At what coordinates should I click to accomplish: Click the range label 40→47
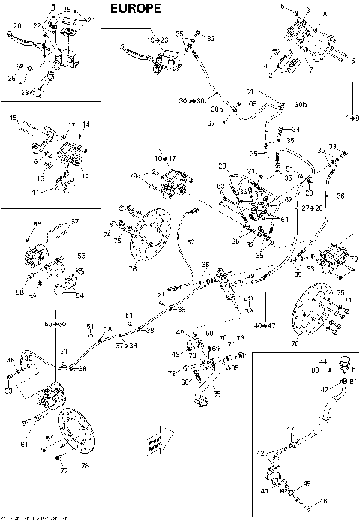265,326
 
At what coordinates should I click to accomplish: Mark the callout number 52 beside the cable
190,241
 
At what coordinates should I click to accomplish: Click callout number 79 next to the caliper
353,259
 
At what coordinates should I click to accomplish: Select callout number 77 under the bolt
64,470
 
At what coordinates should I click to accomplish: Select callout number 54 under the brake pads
79,295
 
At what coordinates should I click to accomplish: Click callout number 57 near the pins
74,222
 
